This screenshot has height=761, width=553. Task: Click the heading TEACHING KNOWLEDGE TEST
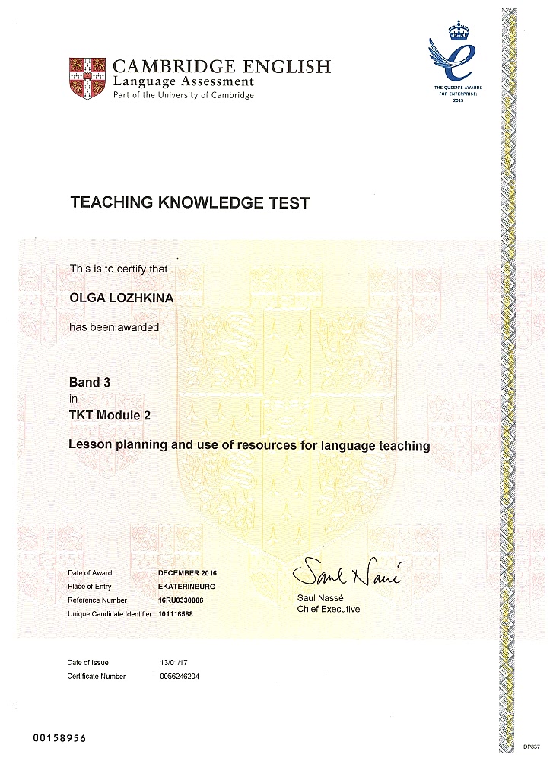pos(190,203)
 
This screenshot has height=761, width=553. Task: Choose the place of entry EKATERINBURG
pos(186,586)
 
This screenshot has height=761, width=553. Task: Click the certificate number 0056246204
pos(180,677)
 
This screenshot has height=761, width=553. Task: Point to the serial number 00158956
pos(60,738)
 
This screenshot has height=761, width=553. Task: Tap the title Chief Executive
pos(328,609)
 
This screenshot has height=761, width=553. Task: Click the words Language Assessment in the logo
pos(183,81)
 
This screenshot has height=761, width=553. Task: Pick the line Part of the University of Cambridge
pos(183,95)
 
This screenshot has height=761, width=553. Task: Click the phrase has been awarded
pos(114,327)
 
